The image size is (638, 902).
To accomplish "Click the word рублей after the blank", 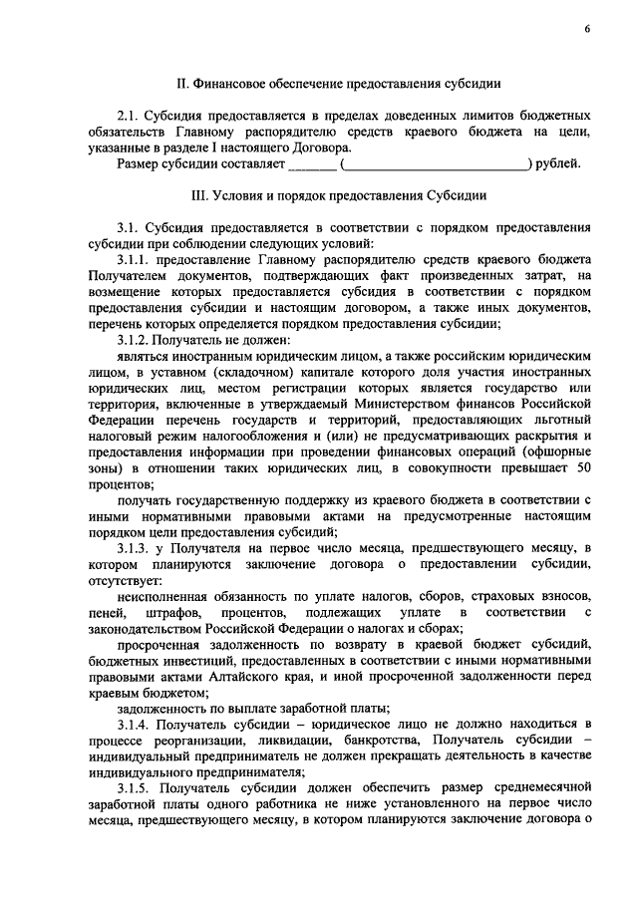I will tap(560, 163).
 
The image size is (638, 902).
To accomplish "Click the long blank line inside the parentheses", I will tap(437, 163).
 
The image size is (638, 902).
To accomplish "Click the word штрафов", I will tap(175, 610).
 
